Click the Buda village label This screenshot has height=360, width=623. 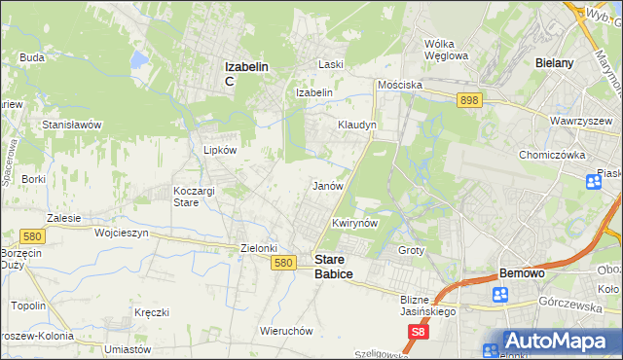pyautogui.click(x=32, y=57)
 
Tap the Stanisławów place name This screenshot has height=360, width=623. pyautogui.click(x=72, y=125)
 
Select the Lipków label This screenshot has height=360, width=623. pyautogui.click(x=220, y=150)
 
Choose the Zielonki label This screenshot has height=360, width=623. pyautogui.click(x=260, y=248)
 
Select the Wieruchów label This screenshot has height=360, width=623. pyautogui.click(x=285, y=330)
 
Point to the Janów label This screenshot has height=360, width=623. pyautogui.click(x=326, y=185)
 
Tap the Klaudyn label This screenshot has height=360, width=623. pyautogui.click(x=356, y=126)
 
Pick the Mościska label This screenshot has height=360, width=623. pyautogui.click(x=400, y=85)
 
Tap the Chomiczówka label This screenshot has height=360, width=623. pyautogui.click(x=551, y=154)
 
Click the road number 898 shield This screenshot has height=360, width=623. pyautogui.click(x=470, y=100)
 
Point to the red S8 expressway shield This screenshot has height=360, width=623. pyautogui.click(x=417, y=333)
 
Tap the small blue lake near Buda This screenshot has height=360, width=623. pyautogui.click(x=138, y=60)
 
